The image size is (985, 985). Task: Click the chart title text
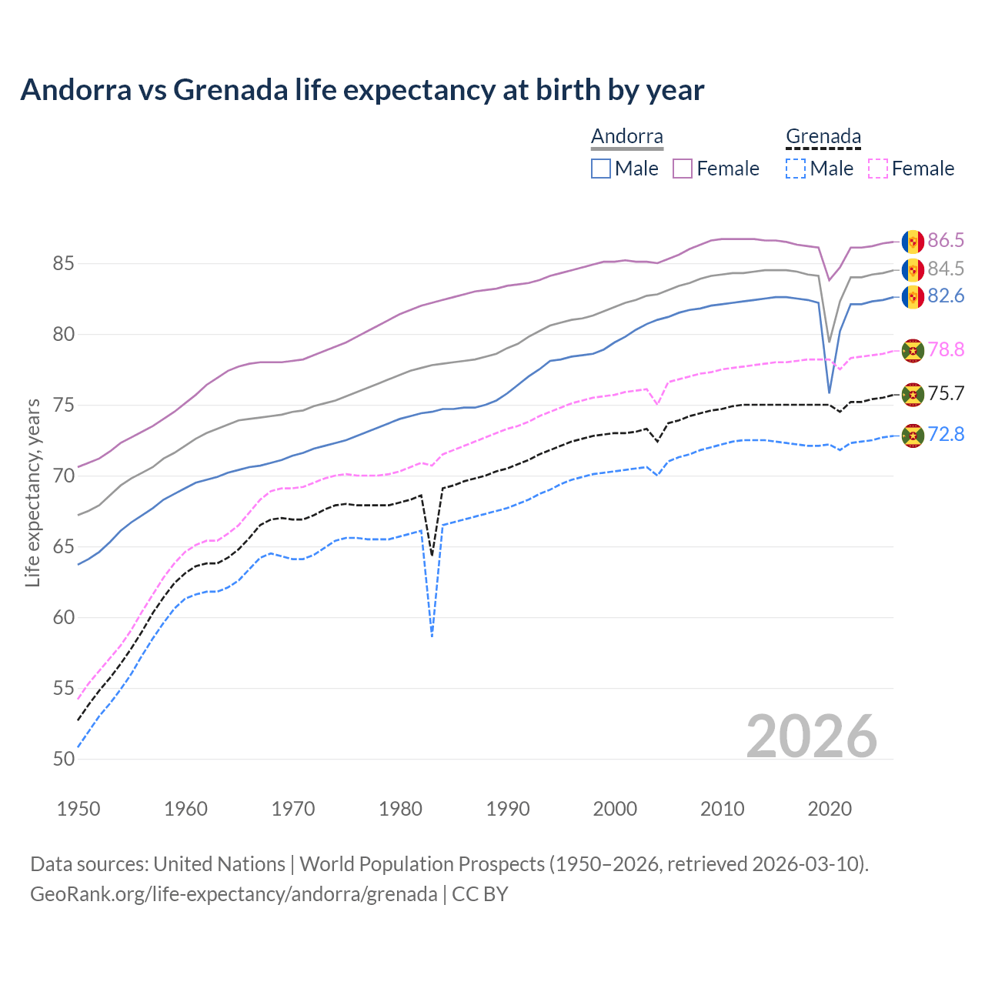tap(362, 90)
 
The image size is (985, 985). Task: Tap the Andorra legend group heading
tap(626, 137)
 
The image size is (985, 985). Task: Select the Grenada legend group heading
tap(823, 137)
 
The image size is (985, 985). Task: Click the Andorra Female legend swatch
tap(683, 169)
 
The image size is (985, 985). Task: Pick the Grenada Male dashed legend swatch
tap(796, 169)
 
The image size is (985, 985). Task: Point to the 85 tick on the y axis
tap(63, 264)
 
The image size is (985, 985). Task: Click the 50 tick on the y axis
tap(63, 760)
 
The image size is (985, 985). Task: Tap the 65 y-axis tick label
tap(63, 547)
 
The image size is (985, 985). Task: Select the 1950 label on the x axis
tap(78, 809)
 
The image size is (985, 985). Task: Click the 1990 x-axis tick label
tap(508, 809)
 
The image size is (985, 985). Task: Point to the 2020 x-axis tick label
tap(829, 809)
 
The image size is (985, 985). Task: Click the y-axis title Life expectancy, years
tap(32, 492)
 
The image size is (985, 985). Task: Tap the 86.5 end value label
tap(946, 241)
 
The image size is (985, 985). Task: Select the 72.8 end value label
tap(946, 435)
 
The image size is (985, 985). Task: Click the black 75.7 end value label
tap(946, 394)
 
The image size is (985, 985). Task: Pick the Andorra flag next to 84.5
tap(913, 269)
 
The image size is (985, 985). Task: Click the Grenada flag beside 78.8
tap(913, 350)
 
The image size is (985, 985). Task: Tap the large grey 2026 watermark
tap(812, 736)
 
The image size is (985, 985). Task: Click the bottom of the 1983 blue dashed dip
tap(432, 636)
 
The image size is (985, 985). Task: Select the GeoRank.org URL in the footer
tap(234, 894)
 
